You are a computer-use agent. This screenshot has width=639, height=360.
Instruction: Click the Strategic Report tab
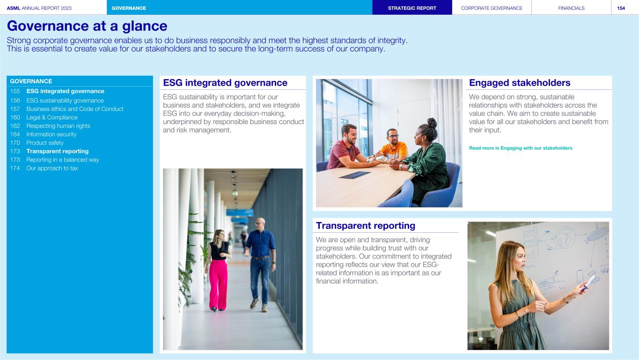[412, 7]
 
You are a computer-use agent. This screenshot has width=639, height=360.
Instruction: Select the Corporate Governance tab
[492, 7]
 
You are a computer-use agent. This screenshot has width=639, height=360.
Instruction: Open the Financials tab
[571, 7]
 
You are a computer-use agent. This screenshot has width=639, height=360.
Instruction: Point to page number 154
[621, 8]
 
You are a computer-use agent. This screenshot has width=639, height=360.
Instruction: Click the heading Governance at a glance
[87, 26]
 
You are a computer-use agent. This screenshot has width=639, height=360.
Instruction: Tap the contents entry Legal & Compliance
[52, 117]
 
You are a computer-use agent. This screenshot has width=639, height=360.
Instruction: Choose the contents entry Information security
[51, 134]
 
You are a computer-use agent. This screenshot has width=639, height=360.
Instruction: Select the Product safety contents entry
[45, 143]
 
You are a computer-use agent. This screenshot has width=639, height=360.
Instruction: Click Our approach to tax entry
[52, 168]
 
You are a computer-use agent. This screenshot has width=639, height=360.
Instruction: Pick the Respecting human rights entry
[58, 126]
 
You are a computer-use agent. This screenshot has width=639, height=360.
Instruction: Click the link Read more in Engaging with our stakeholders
[521, 148]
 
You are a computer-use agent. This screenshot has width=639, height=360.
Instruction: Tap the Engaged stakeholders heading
[520, 83]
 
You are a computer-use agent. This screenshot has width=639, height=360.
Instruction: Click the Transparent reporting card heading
[366, 226]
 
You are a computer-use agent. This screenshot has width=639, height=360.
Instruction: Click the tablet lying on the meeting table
[354, 175]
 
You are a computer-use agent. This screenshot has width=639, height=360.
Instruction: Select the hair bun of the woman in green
[432, 123]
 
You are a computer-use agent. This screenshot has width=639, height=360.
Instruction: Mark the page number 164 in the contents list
[15, 134]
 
